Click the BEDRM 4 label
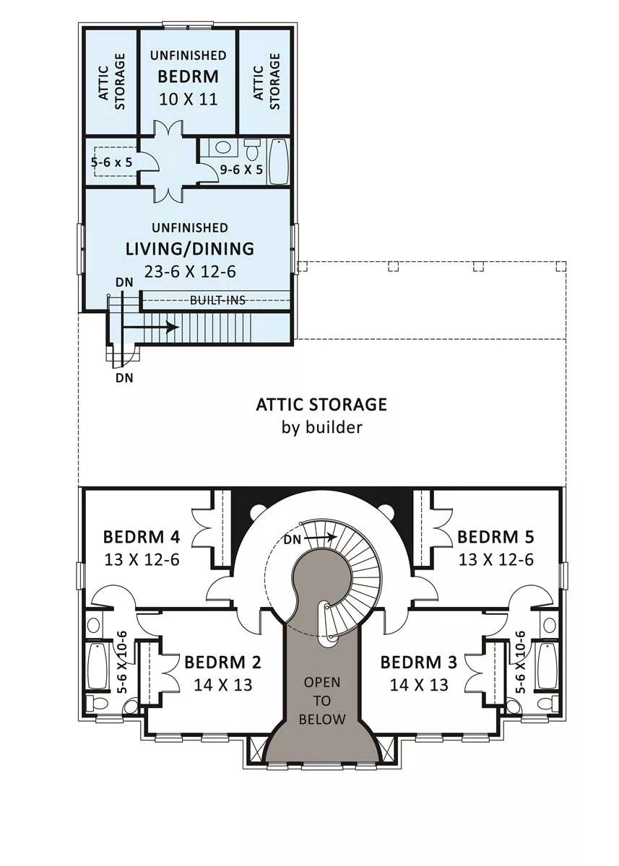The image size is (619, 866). (x=142, y=537)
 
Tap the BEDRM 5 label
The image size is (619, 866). (x=495, y=537)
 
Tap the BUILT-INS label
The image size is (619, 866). (x=218, y=300)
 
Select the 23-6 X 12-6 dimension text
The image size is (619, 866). (x=190, y=272)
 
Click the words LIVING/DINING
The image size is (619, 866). (x=190, y=249)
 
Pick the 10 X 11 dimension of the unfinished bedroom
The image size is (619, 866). (x=189, y=100)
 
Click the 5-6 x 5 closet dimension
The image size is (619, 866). (x=111, y=162)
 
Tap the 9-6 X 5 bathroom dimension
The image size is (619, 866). (x=241, y=170)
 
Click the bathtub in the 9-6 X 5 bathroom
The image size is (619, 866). (x=279, y=162)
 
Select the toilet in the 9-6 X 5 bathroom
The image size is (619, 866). (x=252, y=149)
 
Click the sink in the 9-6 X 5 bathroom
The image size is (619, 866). (x=222, y=147)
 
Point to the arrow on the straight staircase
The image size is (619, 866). (x=150, y=328)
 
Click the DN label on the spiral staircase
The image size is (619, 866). (x=292, y=539)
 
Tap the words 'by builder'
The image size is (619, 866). (x=322, y=427)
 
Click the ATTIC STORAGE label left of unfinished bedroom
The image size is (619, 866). (x=112, y=81)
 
